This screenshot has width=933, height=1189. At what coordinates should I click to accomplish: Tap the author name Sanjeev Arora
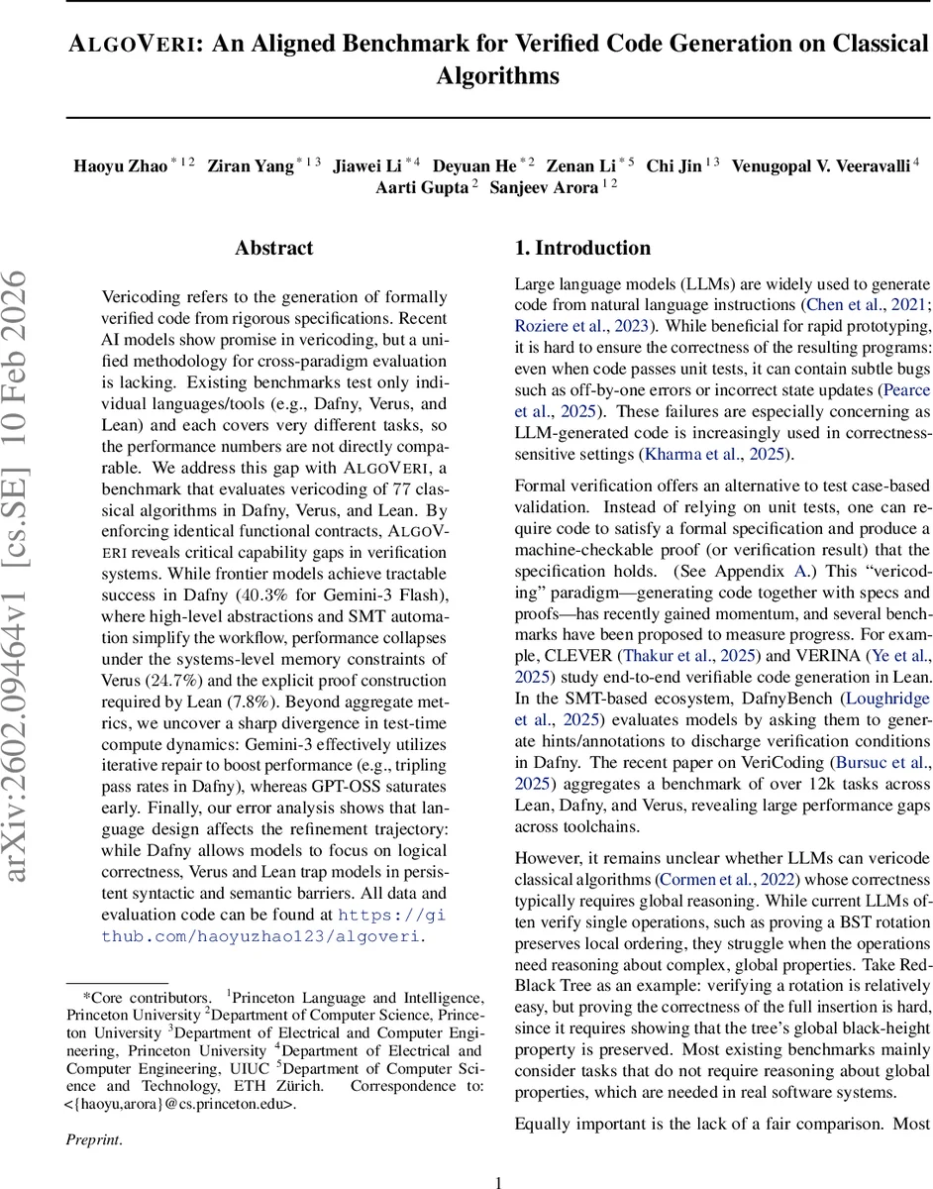point(543,187)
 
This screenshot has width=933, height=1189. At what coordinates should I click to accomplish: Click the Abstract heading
point(273,248)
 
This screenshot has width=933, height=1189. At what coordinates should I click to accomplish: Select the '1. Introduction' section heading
point(582,248)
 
